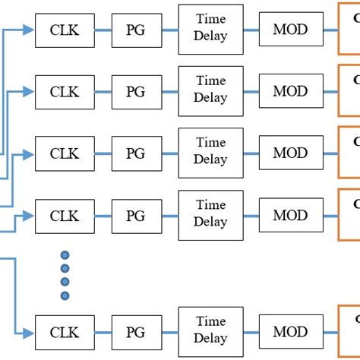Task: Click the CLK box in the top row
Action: [x=65, y=30]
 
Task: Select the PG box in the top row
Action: [x=135, y=30]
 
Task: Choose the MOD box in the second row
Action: [x=290, y=91]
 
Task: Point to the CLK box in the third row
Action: [x=65, y=153]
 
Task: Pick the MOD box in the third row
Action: [x=290, y=153]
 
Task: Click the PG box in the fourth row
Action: [x=135, y=216]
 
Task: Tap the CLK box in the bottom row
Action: [x=65, y=332]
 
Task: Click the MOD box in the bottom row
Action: [x=290, y=332]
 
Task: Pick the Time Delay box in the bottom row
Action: [x=210, y=332]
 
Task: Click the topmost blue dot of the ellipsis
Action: [x=65, y=255]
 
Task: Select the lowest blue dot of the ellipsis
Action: [x=65, y=295]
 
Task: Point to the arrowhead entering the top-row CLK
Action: [x=29, y=30]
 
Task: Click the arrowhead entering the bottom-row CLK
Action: [x=29, y=332]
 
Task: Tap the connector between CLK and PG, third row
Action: [x=103, y=153]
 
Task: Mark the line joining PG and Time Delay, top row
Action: [x=169, y=30]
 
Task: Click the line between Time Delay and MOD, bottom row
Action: [x=251, y=332]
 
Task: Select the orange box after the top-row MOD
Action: [x=349, y=30]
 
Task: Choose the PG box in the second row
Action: [x=135, y=91]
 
